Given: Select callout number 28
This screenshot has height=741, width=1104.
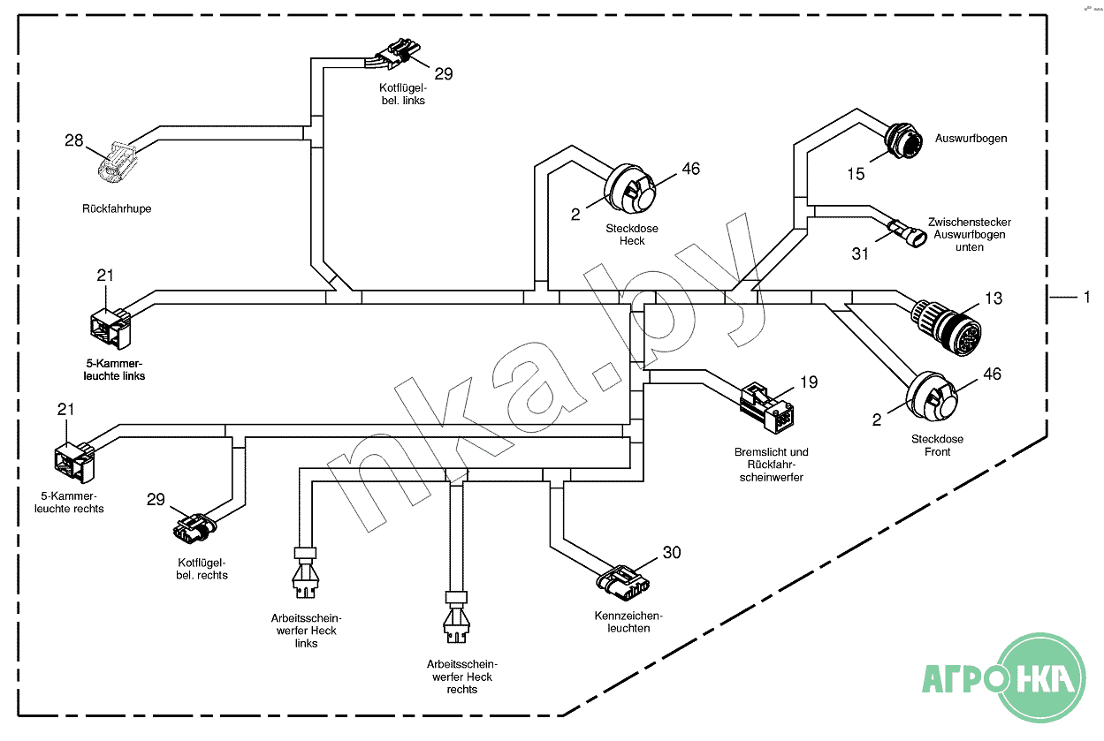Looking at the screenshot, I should point(73,140).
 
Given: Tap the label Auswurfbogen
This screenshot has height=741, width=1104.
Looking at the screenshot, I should point(971,139).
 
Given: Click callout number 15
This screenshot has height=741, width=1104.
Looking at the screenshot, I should point(856,174).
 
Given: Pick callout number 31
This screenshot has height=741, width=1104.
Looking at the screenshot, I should point(860,253).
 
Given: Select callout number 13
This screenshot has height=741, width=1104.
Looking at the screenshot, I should point(994,299).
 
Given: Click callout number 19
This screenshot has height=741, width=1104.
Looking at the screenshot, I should point(809,382).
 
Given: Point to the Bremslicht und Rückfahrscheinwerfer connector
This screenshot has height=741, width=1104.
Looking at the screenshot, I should point(767,406).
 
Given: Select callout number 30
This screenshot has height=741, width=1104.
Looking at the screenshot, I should point(672,553).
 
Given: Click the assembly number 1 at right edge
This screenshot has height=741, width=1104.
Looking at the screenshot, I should point(1086,299).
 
